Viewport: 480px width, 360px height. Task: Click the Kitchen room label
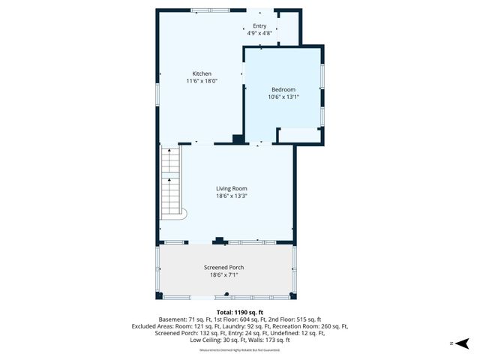pyautogui.click(x=202, y=73)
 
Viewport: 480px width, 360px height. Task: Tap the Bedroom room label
pyautogui.click(x=283, y=89)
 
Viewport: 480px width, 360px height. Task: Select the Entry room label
pyautogui.click(x=259, y=26)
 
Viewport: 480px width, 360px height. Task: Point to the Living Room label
pyautogui.click(x=232, y=188)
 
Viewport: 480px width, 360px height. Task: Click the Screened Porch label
pyautogui.click(x=223, y=268)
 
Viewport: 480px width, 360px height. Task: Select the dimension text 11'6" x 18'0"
pyautogui.click(x=202, y=81)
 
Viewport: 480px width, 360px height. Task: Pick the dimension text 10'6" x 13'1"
pyautogui.click(x=283, y=97)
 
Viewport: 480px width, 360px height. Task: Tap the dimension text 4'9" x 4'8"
pyautogui.click(x=259, y=33)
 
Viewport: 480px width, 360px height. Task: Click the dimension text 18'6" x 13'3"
pyautogui.click(x=232, y=196)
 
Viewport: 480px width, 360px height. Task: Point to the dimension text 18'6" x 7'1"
pyautogui.click(x=223, y=275)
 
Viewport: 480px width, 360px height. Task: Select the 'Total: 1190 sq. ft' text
pyautogui.click(x=240, y=312)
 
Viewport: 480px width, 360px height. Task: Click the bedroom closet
pyautogui.click(x=298, y=135)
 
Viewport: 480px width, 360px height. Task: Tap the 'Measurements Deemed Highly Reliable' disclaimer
pyautogui.click(x=239, y=350)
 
